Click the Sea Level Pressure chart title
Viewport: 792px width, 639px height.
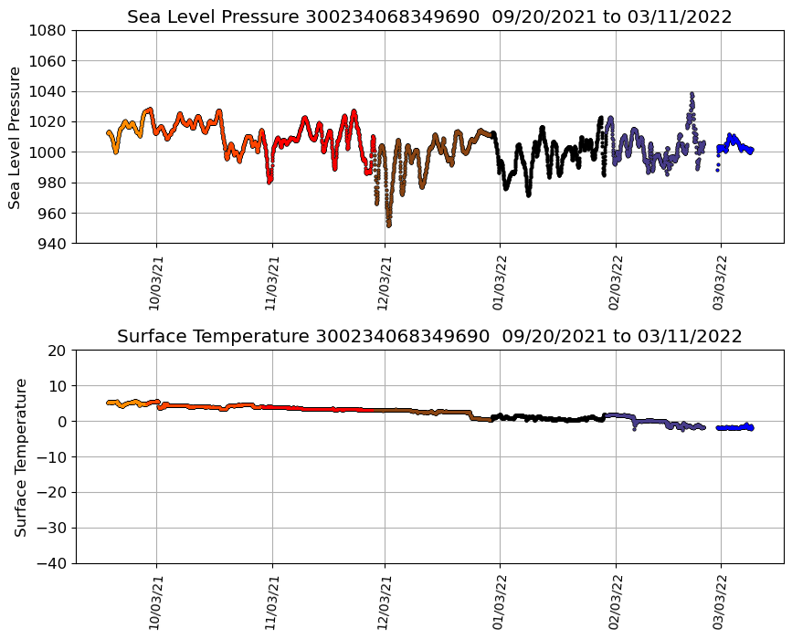[x=429, y=16]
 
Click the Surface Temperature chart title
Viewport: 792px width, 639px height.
[x=429, y=336]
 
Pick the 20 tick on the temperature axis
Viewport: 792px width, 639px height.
[x=58, y=351]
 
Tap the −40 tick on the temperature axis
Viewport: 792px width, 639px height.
[x=53, y=563]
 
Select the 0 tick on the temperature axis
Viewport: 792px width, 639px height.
[x=63, y=422]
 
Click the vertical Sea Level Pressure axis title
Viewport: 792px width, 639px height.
[x=16, y=137]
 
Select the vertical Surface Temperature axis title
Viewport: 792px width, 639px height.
[x=20, y=456]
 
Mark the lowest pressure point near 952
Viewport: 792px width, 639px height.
[x=388, y=225]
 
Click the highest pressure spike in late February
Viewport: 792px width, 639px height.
[x=692, y=94]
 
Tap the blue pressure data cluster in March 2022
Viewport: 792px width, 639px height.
[x=734, y=142]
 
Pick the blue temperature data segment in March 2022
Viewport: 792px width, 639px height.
[x=734, y=427]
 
